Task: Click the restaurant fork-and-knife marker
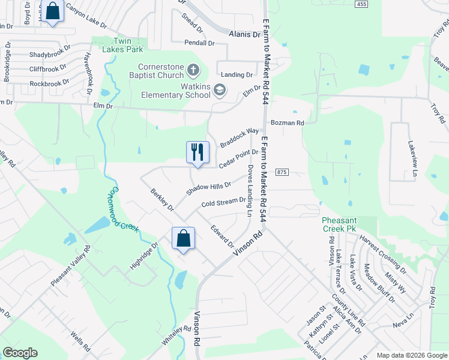pos(197,152)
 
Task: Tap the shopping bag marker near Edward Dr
pos(184,238)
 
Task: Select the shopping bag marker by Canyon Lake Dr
pos(53,11)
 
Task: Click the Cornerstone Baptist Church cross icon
pos(193,71)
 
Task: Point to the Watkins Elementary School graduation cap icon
pos(220,91)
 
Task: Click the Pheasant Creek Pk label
pos(343,224)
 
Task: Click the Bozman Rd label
pos(288,122)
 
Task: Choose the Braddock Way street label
pos(239,138)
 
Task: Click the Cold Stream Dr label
pos(223,202)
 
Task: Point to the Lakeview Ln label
pos(413,157)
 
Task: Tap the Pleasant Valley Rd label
pos(70,265)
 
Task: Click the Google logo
pos(20,353)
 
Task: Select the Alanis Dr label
pos(244,35)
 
